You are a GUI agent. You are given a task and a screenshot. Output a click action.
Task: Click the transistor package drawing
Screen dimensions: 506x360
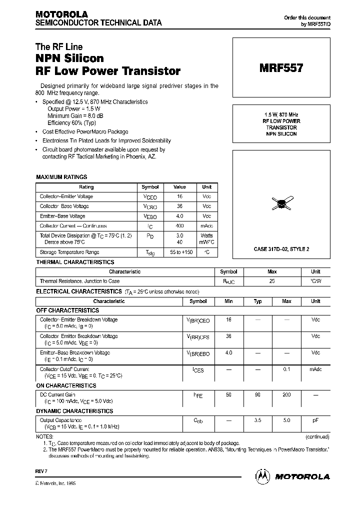281,202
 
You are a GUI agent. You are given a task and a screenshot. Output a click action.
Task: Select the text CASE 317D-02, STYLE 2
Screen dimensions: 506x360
281,249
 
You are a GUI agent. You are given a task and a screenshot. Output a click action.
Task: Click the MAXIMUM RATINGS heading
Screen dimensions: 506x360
61,177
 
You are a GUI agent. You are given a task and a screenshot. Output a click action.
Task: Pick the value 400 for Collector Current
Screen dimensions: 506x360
179,226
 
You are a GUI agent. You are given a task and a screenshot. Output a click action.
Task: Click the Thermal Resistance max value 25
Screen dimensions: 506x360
272,281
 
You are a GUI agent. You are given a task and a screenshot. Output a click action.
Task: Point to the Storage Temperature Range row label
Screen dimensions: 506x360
69,252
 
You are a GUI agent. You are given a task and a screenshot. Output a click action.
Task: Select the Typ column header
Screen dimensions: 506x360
257,301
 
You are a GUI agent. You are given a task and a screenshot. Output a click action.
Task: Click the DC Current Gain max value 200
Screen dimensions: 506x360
286,395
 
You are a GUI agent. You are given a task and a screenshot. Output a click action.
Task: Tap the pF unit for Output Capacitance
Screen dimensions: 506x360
315,420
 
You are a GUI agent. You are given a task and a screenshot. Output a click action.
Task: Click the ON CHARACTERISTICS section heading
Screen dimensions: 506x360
66,386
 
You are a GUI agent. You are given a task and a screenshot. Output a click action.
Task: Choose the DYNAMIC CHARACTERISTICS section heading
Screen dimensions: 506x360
75,411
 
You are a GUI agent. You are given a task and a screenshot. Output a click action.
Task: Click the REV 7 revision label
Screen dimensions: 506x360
41,471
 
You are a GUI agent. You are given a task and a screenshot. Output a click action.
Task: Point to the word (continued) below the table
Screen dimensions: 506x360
317,436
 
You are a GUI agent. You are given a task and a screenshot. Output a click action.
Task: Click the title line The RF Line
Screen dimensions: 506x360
59,47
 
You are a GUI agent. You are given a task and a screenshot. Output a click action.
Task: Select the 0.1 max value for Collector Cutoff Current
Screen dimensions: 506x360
286,369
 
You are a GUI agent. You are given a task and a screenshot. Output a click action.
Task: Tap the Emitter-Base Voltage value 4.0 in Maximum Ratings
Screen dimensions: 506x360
179,216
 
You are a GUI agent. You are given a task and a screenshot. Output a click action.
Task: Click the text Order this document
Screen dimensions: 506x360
307,17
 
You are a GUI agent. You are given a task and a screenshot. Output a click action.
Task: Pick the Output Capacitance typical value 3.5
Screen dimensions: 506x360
257,420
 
